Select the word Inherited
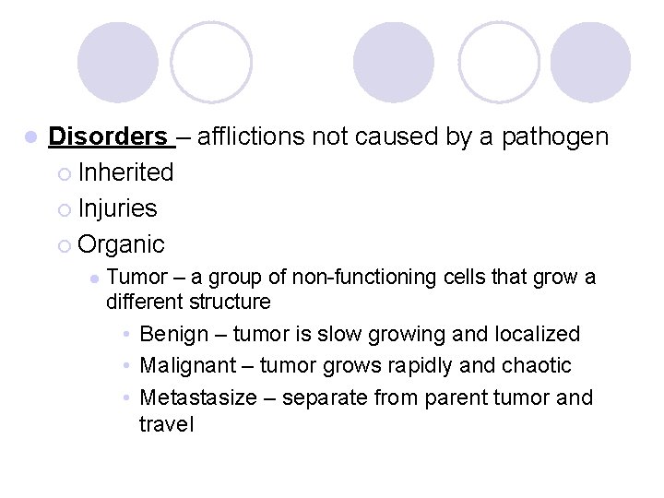[126, 172]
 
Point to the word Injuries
[118, 208]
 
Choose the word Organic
[122, 244]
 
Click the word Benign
[174, 334]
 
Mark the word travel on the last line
[166, 424]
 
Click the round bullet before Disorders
[30, 137]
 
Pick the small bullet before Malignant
[125, 366]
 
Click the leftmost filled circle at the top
[117, 63]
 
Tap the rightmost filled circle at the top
[591, 63]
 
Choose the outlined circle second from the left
[211, 63]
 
